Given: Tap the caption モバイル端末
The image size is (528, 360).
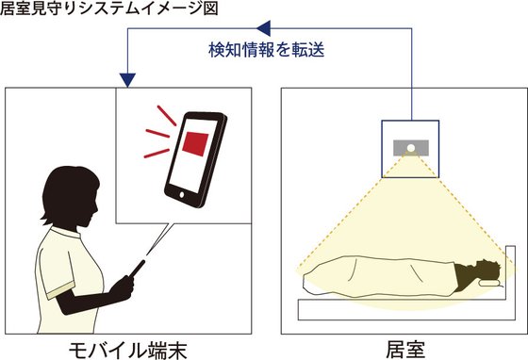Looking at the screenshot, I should tap(127, 348).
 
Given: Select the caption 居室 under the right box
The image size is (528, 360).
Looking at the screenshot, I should tap(402, 348).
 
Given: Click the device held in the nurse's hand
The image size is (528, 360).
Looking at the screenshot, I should tap(136, 268).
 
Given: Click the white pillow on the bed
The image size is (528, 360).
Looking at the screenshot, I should tap(491, 281).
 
